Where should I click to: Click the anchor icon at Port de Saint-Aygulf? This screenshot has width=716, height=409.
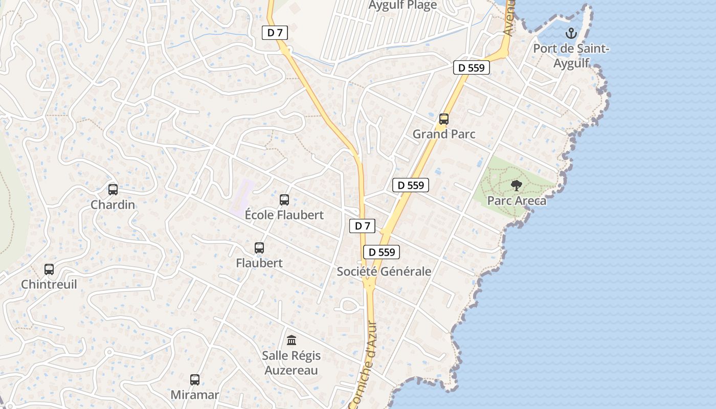pos(571,34)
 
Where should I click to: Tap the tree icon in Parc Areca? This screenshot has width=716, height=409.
pos(517,186)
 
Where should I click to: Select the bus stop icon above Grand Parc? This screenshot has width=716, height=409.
pos(444,119)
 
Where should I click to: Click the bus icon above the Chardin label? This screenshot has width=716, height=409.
pos(113,190)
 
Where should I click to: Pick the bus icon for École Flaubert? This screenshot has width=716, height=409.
pos(284,200)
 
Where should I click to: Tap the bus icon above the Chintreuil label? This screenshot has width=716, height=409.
pos(49,269)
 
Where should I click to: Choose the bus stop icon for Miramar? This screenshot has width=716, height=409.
pos(195,380)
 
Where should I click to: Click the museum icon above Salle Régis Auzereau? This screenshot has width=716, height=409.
pos(292,340)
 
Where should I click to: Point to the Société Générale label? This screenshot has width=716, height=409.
pos(384,271)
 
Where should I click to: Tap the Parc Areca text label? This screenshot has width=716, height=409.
pos(517,200)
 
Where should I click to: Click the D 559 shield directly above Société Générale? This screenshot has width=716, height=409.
pos(382,252)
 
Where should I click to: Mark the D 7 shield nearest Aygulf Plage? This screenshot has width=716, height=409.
pos(275,33)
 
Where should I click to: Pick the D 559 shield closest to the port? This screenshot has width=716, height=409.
pos(472,67)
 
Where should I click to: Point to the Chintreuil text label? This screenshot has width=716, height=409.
pos(49,284)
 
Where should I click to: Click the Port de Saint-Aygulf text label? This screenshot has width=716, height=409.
pos(571,56)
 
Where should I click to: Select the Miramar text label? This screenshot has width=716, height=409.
pos(195,395)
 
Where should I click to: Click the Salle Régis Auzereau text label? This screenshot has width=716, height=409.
pos(292,362)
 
